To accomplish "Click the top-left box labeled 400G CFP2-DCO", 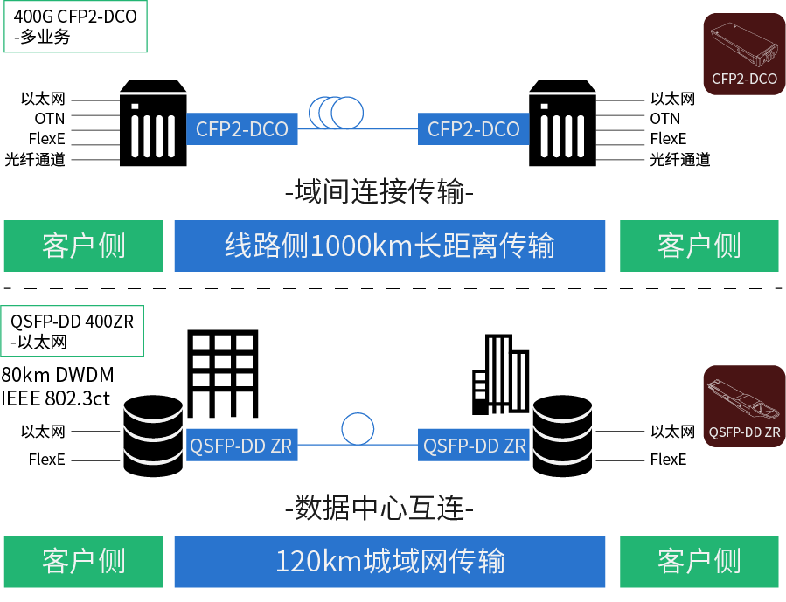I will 75,26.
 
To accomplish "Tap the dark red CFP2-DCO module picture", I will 744,55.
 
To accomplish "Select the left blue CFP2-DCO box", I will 242,129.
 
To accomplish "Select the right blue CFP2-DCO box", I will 474,129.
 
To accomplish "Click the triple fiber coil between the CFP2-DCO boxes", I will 336,111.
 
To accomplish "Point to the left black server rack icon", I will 152,123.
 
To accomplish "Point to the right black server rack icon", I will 564,123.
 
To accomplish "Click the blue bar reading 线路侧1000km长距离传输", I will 390,246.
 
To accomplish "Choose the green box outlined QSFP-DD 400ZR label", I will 73,331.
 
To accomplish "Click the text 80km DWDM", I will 58,376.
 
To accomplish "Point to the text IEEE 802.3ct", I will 57,399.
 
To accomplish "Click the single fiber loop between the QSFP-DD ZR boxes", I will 358,429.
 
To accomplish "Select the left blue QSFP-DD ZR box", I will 241,446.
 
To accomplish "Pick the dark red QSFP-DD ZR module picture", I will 744,406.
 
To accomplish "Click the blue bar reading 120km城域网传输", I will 390,561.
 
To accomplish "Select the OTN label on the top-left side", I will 51,119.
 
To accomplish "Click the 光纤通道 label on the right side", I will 679,159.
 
